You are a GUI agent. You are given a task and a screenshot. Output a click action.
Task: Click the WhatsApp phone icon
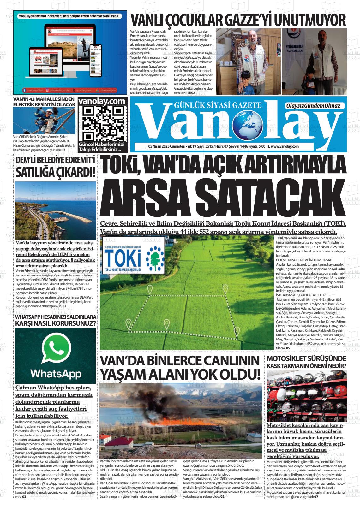pyautogui.click(x=56, y=347)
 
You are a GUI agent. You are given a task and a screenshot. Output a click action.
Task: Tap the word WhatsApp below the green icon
pyautogui.click(x=56, y=374)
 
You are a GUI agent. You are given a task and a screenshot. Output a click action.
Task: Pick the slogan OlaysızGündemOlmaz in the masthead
pyautogui.click(x=313, y=106)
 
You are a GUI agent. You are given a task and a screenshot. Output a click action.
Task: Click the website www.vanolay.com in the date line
pyautogui.click(x=285, y=146)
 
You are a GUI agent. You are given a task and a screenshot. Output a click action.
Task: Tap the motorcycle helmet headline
pyautogui.click(x=306, y=362)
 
